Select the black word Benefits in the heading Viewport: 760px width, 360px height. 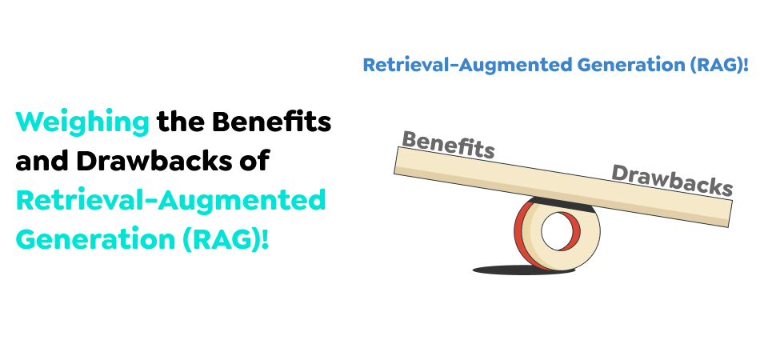click(x=271, y=122)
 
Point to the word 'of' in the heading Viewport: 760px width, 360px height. click(x=255, y=162)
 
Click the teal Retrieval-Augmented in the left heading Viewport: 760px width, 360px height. click(x=171, y=200)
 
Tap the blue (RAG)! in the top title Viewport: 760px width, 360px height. click(x=719, y=65)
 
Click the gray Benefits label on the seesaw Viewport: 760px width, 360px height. click(x=448, y=144)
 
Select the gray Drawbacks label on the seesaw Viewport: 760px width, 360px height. click(x=672, y=179)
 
